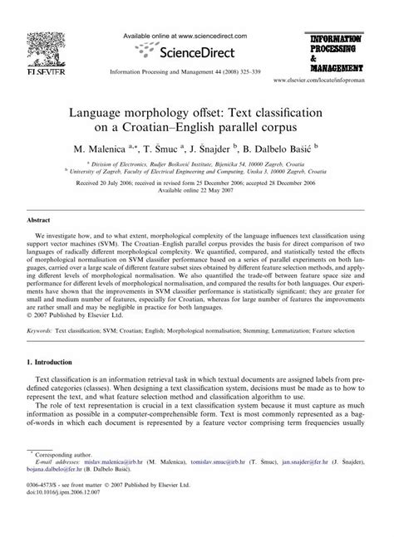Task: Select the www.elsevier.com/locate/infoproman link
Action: (328, 86)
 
